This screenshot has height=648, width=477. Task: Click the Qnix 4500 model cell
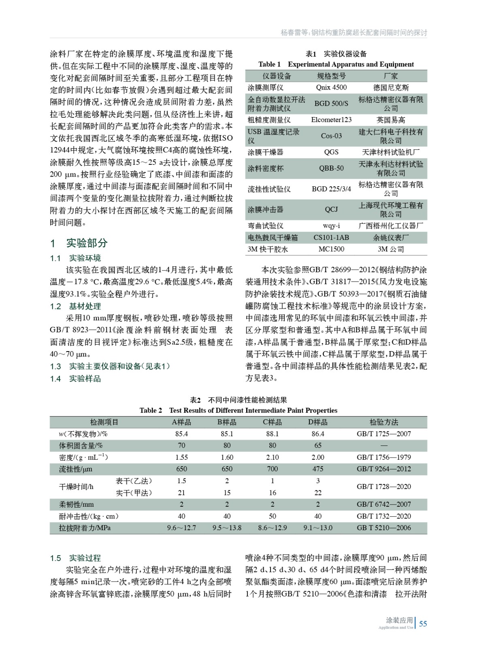coord(331,87)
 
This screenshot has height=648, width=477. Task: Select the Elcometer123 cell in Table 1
coord(331,120)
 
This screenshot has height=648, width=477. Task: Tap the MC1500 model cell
coord(331,249)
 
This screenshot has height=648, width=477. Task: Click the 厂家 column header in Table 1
coord(391,76)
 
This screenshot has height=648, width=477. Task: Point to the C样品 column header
coord(272,422)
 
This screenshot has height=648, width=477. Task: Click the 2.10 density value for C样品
coord(272,457)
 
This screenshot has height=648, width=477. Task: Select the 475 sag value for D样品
coord(318,469)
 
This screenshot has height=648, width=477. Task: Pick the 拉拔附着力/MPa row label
coord(85,528)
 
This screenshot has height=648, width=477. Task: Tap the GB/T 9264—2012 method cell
coord(383,469)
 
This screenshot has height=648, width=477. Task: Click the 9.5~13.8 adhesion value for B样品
coord(227,528)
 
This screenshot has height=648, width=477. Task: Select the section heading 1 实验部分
coord(79,243)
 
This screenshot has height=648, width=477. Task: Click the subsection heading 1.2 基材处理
coord(75,307)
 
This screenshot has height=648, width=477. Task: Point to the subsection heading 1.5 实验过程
coord(75,558)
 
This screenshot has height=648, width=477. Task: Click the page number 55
coord(423,624)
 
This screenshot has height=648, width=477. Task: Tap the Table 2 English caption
coord(238,411)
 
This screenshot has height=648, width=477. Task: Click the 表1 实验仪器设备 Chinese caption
coord(336,54)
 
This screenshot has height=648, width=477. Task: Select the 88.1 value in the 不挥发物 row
coord(272,434)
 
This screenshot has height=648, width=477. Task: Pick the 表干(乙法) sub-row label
coord(134,481)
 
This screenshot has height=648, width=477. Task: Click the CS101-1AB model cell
coord(331,238)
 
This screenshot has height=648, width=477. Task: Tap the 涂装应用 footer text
coord(399,620)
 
